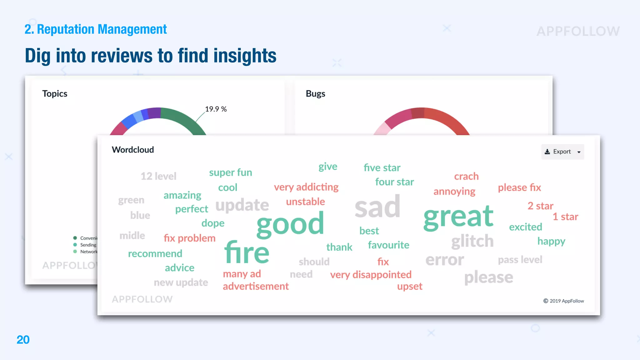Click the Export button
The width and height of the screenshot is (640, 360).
pos(562,152)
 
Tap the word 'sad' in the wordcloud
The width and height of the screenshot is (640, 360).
pos(377,207)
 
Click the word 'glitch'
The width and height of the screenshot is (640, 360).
pos(472,241)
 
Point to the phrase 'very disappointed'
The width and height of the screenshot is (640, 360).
pos(371,275)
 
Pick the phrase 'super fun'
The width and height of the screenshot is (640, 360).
pos(230,172)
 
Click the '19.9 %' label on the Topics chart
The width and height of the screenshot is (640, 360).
pos(216,109)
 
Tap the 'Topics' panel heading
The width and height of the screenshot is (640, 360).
pos(55,94)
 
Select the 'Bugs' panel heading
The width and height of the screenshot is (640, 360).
pos(315,94)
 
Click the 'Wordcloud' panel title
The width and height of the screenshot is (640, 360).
pos(133,150)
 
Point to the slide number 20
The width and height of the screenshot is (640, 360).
pos(23,340)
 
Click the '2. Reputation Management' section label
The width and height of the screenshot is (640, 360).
pos(96,29)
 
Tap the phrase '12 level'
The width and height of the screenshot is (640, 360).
pos(158,176)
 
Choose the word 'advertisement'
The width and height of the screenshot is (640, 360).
pos(256,286)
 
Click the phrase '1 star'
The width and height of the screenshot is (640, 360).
pos(565,217)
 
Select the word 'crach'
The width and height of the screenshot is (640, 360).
pos(466,177)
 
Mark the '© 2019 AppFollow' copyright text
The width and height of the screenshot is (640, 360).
pos(563,301)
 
